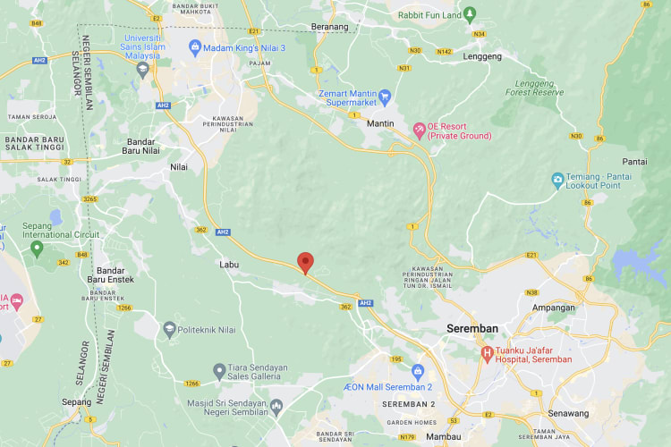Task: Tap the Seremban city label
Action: tap(471, 329)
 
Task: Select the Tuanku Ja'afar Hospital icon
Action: tap(488, 353)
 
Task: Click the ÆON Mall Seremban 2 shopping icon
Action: tap(417, 370)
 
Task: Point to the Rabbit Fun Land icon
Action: tap(470, 13)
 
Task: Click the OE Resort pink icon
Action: tap(419, 131)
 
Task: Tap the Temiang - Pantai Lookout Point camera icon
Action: tap(558, 180)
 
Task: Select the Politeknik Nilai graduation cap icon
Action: tap(169, 330)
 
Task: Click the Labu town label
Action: tap(230, 265)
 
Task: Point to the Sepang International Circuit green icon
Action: tap(37, 248)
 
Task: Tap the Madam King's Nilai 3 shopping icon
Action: tap(194, 46)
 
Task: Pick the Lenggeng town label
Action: tap(483, 56)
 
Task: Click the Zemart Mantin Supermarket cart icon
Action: tap(385, 95)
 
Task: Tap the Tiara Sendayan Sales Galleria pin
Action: tap(219, 370)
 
